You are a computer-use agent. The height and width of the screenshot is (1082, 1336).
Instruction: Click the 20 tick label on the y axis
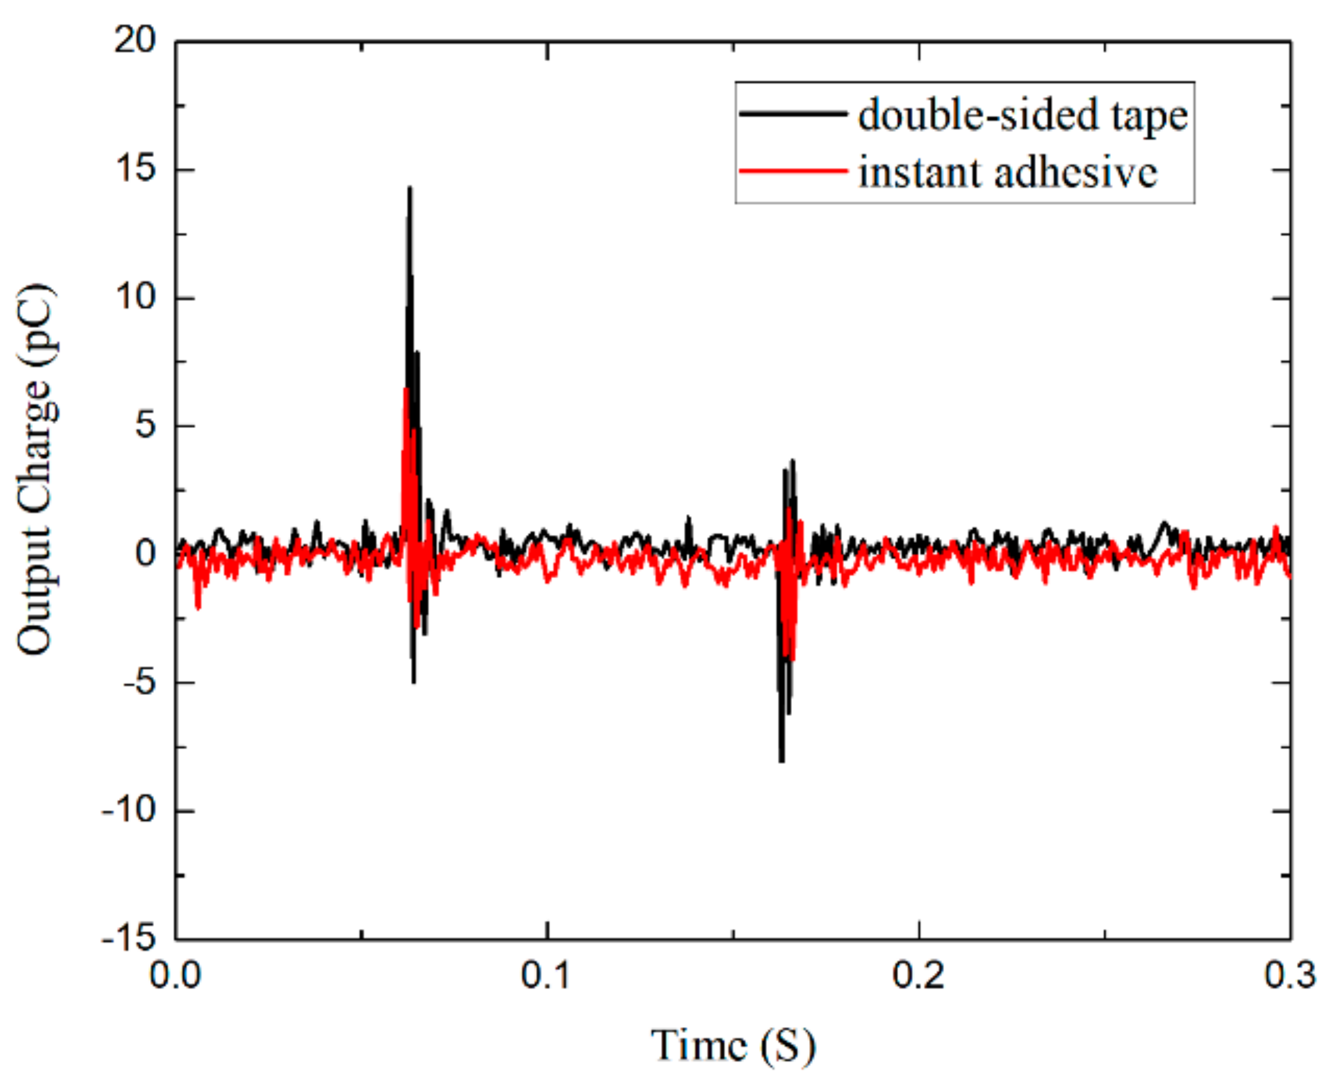coord(134,41)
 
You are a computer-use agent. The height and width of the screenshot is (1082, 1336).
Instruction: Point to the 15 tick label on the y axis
coord(134,170)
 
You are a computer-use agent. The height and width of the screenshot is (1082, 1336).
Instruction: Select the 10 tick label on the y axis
coord(134,298)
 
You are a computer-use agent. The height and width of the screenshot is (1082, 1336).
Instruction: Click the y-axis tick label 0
coord(145,554)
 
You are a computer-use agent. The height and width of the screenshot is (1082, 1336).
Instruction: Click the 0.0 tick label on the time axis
coord(175,976)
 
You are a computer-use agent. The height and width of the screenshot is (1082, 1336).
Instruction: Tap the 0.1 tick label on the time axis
coord(546,976)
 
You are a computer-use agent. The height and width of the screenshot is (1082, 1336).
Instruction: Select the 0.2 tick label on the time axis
coord(918,976)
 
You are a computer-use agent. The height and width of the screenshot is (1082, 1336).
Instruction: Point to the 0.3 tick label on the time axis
coord(1289,976)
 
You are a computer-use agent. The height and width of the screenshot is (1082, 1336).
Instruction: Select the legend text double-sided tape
coord(1023,115)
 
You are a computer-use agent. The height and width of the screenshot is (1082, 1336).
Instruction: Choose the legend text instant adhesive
coord(1007,172)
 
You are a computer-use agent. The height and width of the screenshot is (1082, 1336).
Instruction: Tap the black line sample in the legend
coord(793,114)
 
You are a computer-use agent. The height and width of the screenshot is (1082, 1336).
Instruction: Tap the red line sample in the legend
coord(793,170)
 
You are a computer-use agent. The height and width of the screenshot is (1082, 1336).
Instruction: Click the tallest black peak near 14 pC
coord(409,188)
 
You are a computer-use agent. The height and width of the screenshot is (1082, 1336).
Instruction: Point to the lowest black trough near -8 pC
coord(782,760)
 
